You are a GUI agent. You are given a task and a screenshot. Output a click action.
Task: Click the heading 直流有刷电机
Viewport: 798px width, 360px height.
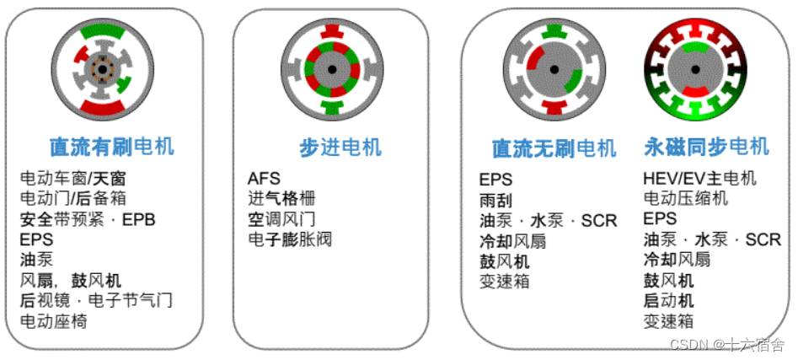pos(111,147)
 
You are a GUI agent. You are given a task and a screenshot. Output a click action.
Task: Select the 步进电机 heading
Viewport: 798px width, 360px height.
pos(340,148)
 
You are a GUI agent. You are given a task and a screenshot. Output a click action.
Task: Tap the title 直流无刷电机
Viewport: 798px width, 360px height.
pos(554,149)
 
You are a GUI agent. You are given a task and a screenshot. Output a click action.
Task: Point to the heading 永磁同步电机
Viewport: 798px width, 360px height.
pos(706,147)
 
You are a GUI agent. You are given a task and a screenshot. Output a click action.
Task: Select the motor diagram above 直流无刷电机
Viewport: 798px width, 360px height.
pos(554,68)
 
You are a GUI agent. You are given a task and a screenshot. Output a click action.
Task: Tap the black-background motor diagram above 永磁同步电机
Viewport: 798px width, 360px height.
pos(697,68)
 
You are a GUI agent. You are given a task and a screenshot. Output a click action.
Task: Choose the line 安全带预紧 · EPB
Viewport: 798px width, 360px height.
pos(88,220)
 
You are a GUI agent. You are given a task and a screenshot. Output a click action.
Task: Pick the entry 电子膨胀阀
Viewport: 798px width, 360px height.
pos(290,239)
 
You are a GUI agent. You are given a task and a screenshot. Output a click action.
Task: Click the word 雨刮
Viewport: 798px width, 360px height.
pos(495,201)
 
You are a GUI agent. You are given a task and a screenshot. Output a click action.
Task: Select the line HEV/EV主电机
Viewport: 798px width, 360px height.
pos(699,179)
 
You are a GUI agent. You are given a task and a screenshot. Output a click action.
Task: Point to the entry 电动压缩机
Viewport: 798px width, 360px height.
pos(685,199)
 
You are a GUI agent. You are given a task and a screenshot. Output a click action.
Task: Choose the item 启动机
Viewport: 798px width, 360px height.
pos(668,301)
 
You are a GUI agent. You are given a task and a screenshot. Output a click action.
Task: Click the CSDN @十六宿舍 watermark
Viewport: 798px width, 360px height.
pos(727,344)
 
